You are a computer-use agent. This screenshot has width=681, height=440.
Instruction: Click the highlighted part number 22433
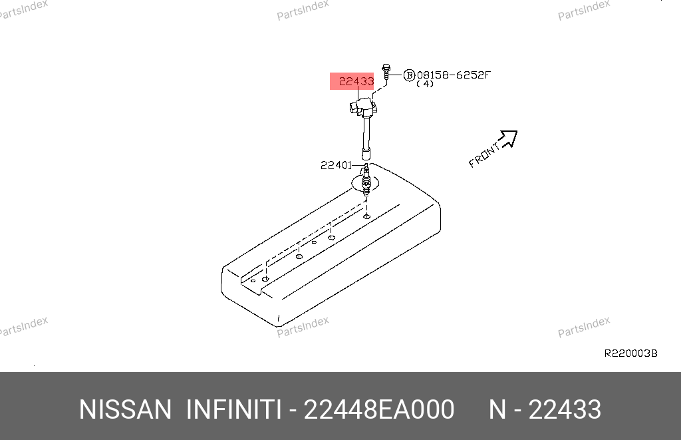coord(356,81)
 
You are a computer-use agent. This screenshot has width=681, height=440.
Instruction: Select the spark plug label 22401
coord(336,165)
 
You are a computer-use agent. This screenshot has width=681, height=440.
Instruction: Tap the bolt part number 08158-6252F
coord(454,75)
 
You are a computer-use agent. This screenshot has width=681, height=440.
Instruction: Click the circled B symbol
coord(409,75)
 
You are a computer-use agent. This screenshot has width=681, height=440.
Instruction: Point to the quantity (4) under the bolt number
coord(425,84)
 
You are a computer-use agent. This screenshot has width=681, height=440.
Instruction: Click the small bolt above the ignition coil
coord(386,72)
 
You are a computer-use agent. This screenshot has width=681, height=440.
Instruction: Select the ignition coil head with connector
coord(363,107)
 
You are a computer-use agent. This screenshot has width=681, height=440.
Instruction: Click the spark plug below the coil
coord(366,180)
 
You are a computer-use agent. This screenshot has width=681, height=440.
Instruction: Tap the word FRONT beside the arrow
coord(484,155)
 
